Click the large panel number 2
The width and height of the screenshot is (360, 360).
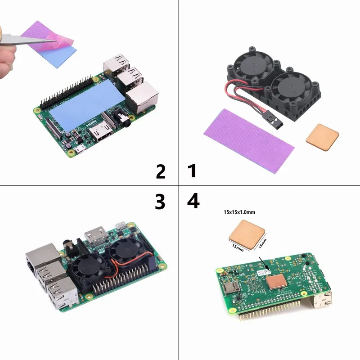161,172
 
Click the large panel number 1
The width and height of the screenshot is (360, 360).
192,172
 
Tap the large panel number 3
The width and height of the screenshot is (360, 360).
160,202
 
